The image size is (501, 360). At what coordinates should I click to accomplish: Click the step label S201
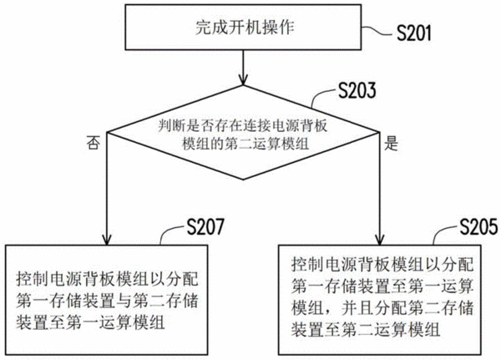[x=414, y=33]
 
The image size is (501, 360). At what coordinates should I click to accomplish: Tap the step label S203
[x=357, y=90]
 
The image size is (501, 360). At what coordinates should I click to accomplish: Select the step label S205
[x=478, y=226]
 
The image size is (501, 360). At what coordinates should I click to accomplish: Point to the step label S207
[x=205, y=226]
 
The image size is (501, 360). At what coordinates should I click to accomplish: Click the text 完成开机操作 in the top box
[x=245, y=28]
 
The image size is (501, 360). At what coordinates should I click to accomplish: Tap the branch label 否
[x=93, y=143]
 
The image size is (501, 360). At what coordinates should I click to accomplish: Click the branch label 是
[x=391, y=143]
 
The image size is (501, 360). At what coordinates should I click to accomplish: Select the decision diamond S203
[x=243, y=132]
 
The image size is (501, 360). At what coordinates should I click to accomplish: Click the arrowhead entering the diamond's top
[x=243, y=80]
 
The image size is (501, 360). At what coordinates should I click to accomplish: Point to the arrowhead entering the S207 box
[x=107, y=239]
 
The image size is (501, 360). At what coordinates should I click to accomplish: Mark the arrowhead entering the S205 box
[x=380, y=239]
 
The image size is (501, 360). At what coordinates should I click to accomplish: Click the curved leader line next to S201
[x=377, y=30]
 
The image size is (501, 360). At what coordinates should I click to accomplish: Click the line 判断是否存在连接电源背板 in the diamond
[x=243, y=126]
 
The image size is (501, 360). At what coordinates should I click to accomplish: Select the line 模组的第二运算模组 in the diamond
[x=245, y=144]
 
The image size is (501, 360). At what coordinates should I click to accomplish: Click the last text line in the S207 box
[x=91, y=322]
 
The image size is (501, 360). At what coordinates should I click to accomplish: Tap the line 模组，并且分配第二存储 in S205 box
[x=382, y=308]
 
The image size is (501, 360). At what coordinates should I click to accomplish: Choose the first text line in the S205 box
[x=382, y=265]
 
